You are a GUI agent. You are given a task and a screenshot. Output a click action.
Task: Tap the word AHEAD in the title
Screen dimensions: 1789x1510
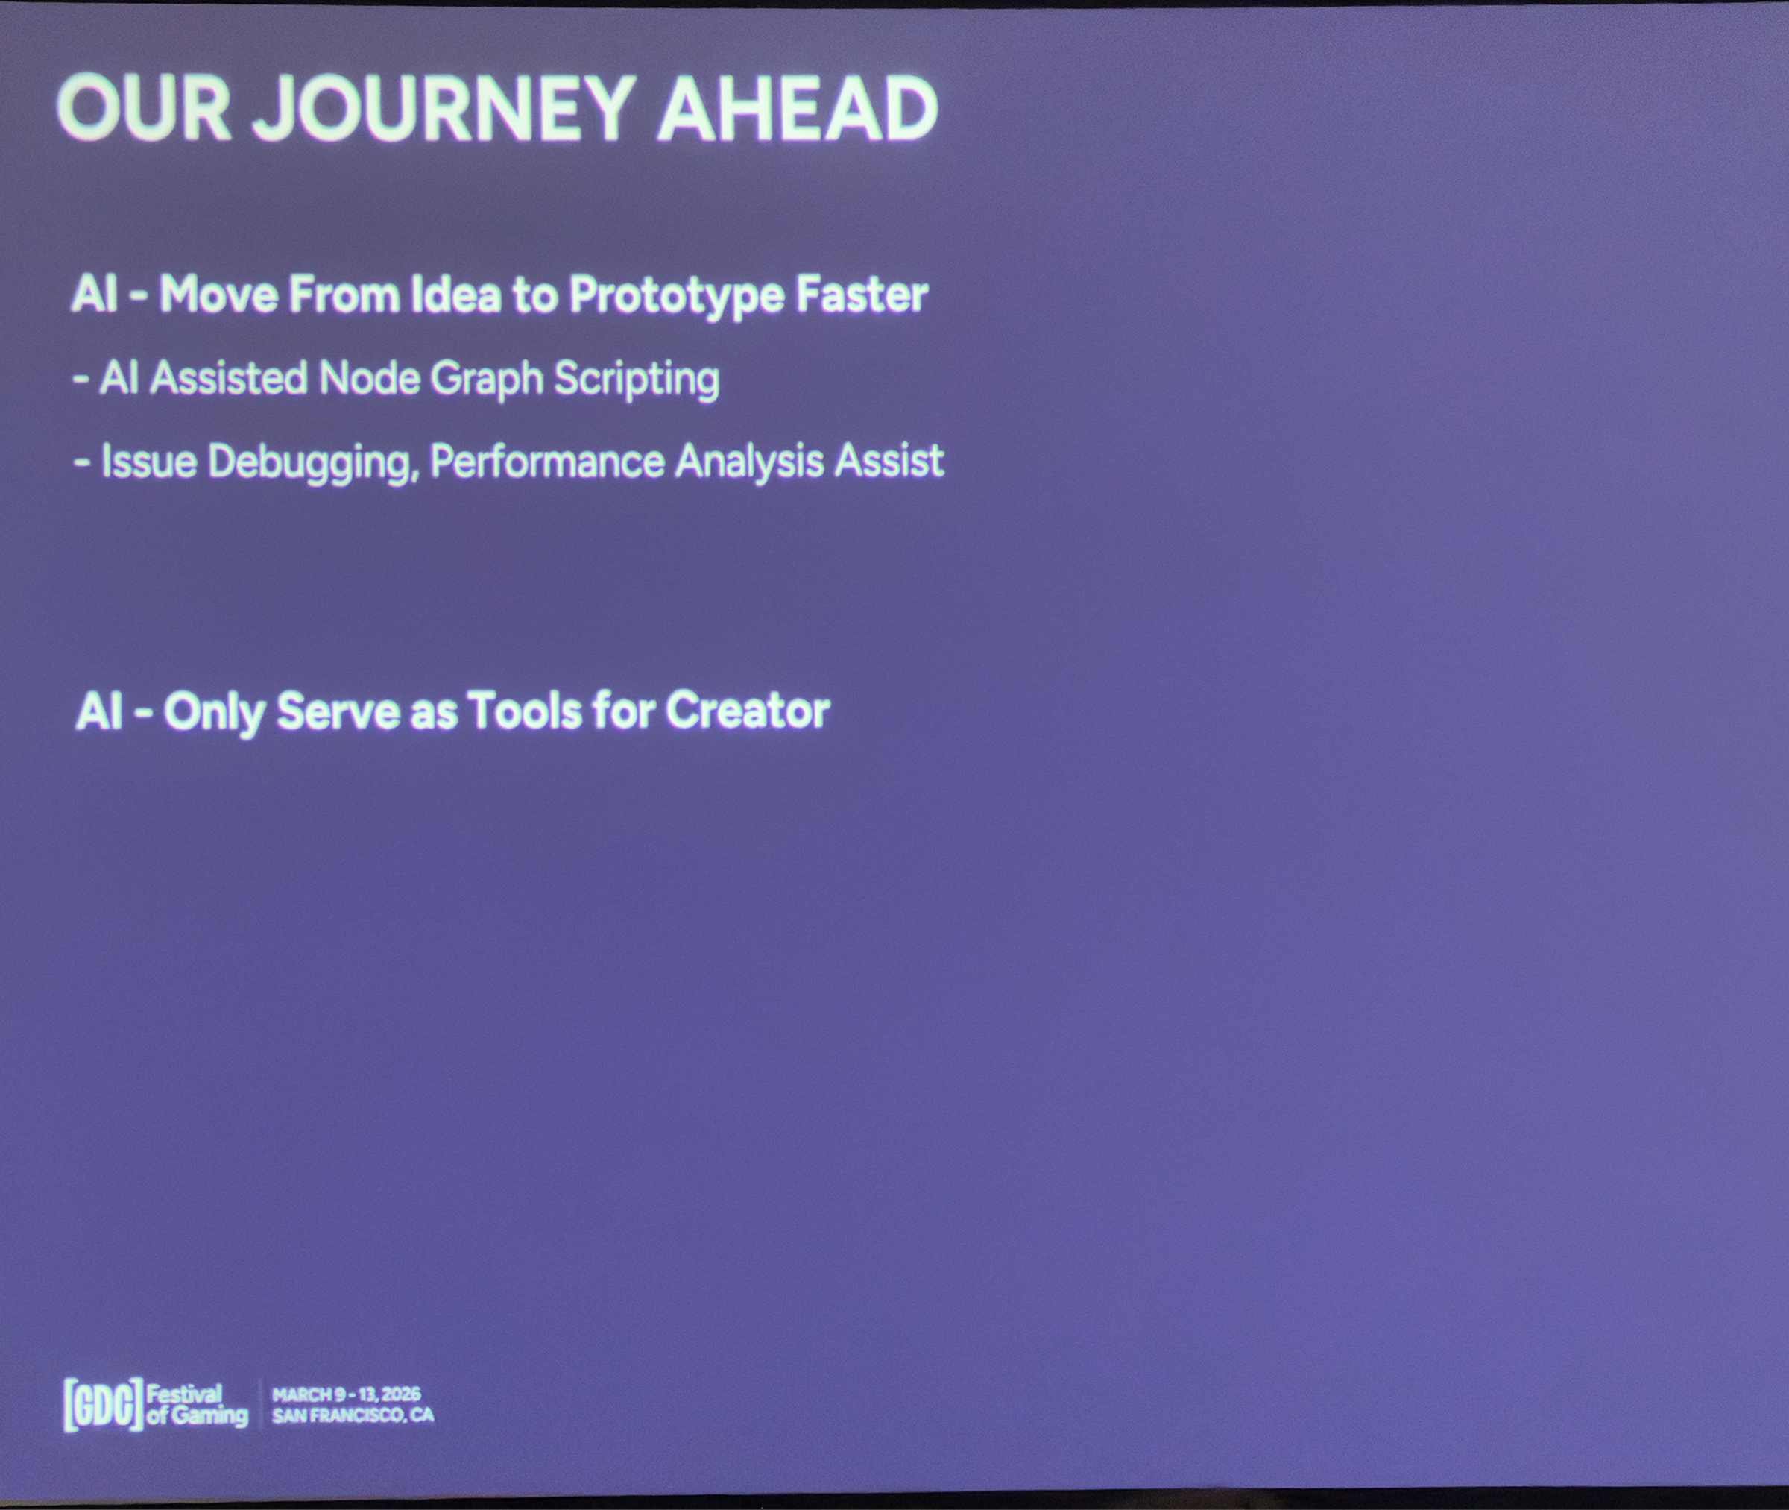(x=798, y=109)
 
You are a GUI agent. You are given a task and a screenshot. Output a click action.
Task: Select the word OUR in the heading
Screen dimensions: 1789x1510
(x=144, y=109)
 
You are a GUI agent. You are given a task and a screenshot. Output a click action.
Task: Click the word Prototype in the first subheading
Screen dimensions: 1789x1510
(x=677, y=296)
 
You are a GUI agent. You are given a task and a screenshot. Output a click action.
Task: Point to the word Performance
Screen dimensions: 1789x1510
(x=548, y=462)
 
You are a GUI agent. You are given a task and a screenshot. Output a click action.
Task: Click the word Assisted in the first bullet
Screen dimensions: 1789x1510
(x=228, y=377)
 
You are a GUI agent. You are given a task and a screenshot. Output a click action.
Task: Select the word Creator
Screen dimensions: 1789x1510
(x=747, y=711)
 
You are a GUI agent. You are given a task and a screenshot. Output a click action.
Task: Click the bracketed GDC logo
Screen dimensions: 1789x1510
(x=103, y=1405)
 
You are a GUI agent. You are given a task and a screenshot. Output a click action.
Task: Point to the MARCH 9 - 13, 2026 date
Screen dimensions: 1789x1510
(x=347, y=1395)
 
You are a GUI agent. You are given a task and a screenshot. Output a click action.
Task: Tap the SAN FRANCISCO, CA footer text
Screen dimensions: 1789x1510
(x=353, y=1416)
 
